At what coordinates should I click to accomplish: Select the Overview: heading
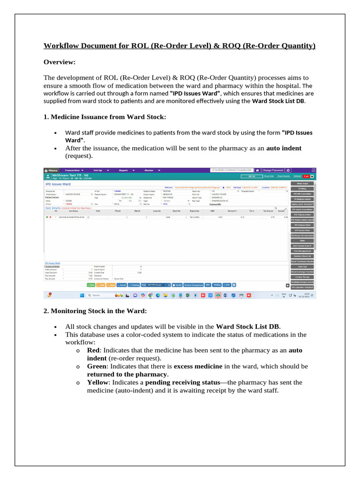tap(60, 62)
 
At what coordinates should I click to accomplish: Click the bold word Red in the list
tap(93, 350)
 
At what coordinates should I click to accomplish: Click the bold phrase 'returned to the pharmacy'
tap(127, 374)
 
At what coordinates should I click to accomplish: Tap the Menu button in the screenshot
tap(51, 170)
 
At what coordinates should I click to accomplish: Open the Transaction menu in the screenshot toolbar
tap(74, 170)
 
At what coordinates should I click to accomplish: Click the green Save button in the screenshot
tap(91, 285)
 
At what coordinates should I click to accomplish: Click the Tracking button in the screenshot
tap(134, 285)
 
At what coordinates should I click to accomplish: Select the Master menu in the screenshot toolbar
tap(150, 170)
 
